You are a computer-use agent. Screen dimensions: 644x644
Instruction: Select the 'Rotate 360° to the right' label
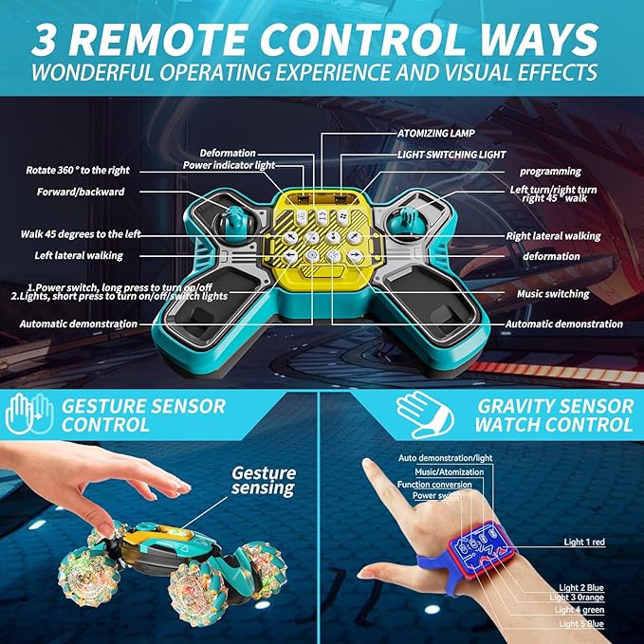tap(78, 171)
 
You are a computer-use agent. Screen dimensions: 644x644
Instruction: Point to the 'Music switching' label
tap(553, 294)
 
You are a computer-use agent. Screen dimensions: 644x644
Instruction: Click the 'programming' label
tap(550, 171)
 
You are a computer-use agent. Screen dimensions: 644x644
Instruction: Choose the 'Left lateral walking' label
tap(85, 255)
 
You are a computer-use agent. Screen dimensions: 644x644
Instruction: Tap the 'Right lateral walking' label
tap(561, 236)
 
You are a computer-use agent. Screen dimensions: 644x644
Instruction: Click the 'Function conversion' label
tap(435, 485)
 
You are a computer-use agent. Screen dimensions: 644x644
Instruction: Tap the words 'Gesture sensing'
tap(265, 480)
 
